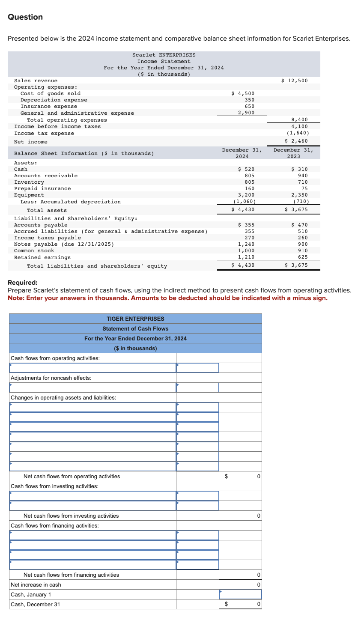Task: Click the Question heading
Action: [25, 17]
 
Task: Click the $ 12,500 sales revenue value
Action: [294, 80]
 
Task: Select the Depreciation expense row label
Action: [54, 100]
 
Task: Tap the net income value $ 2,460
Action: [296, 141]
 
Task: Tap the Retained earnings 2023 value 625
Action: [302, 257]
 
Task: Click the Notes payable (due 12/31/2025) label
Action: [64, 244]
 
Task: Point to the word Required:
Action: [23, 283]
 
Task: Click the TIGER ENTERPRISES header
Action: [135, 319]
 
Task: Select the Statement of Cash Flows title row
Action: [135, 328]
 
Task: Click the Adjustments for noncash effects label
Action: [51, 378]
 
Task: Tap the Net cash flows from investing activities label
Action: [71, 516]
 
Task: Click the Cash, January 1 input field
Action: [240, 594]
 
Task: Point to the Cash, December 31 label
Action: [35, 604]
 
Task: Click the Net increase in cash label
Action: [36, 584]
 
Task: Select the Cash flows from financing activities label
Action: [54, 525]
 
